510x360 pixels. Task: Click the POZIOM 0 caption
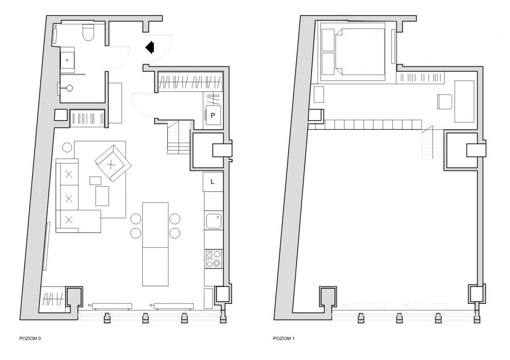click(x=30, y=338)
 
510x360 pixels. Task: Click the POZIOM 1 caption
click(x=284, y=338)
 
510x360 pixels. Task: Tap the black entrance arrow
click(x=150, y=47)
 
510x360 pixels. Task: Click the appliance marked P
click(x=213, y=115)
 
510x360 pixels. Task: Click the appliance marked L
click(x=213, y=182)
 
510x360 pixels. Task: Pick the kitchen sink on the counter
click(x=214, y=221)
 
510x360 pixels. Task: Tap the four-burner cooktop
click(x=214, y=259)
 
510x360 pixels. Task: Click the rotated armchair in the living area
click(x=113, y=163)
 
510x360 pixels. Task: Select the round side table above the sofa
click(x=67, y=147)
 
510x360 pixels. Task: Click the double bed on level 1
click(x=353, y=52)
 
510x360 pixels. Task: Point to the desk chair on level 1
click(x=445, y=101)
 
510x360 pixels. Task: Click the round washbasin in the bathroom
click(x=69, y=88)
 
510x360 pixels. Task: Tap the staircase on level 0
click(x=179, y=137)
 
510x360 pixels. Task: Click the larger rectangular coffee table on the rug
click(x=102, y=196)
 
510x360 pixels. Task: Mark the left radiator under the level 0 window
click(x=112, y=306)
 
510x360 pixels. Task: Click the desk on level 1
click(x=464, y=101)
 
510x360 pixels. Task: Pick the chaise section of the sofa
click(x=78, y=221)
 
